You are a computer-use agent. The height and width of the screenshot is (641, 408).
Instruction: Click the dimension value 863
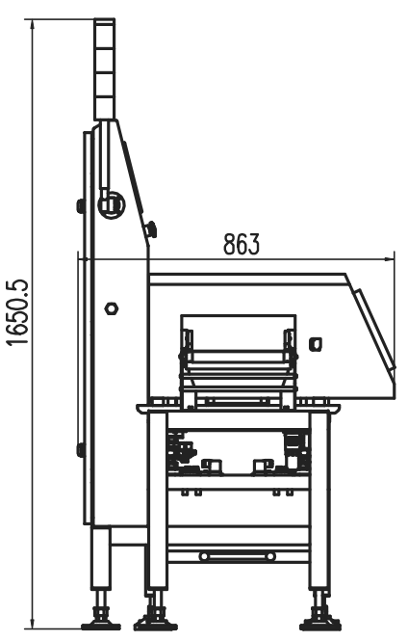pos(242,244)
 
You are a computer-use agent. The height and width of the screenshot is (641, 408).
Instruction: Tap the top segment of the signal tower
pos(103,31)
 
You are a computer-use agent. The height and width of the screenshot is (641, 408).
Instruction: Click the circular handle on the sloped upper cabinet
pos(113,203)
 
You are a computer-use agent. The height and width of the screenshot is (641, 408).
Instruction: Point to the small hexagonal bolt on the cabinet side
pos(112,308)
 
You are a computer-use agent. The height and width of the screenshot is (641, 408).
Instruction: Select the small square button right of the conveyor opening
pos(315,342)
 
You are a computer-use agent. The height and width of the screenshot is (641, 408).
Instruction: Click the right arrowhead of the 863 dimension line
pos(390,257)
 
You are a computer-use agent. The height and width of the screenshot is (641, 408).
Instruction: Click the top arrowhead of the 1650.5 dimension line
pos(34,20)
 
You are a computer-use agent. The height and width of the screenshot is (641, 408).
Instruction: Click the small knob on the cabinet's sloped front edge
pos(151,228)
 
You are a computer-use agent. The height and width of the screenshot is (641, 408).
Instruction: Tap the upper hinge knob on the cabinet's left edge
pos(81,204)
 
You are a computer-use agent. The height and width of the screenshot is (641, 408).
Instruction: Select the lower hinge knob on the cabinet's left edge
pos(81,449)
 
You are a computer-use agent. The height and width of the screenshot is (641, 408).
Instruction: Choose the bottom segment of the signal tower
pos(103,106)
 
